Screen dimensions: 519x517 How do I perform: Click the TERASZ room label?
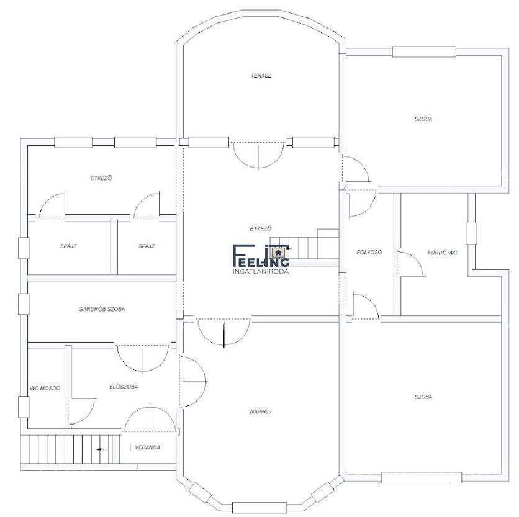point(261,76)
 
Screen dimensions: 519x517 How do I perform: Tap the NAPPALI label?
point(261,411)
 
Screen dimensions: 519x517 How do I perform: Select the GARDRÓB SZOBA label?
point(102,309)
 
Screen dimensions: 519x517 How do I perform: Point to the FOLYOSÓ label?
point(369,252)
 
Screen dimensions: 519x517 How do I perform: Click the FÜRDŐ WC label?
point(442,253)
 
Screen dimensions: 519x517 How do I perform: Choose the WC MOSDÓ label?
point(45,388)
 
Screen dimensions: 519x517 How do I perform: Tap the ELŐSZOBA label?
point(124,387)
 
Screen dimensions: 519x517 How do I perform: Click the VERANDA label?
point(147,447)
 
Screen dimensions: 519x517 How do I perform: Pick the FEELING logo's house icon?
point(278,253)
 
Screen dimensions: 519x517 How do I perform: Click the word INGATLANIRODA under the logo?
point(261,271)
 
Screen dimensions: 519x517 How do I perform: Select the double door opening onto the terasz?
point(258,156)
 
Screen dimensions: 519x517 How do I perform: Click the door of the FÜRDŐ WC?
point(410,264)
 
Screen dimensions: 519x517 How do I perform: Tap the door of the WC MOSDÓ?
point(81,411)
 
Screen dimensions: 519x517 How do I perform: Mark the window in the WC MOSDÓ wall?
point(24,407)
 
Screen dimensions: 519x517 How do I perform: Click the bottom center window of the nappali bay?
point(259,508)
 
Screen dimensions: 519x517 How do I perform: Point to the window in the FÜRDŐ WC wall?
point(471,234)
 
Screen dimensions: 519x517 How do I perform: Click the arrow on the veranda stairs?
point(101,449)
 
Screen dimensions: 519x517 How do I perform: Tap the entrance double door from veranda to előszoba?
point(150,418)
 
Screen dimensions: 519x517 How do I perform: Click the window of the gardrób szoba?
point(24,304)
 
